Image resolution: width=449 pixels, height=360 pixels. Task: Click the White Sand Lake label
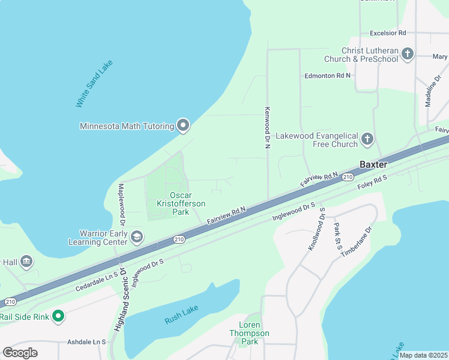click(x=94, y=83)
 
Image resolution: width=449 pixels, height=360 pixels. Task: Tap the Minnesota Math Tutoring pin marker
click(x=184, y=126)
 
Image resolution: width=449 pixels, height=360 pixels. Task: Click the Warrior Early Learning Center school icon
click(x=137, y=237)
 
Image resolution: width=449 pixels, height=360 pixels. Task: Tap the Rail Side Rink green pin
click(x=58, y=316)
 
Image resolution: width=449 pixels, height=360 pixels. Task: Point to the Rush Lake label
click(x=181, y=315)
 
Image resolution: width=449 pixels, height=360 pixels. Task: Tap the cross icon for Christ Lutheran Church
click(x=408, y=55)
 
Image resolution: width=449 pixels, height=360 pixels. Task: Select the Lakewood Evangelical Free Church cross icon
click(x=367, y=140)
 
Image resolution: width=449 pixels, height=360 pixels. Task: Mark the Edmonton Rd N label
click(x=327, y=76)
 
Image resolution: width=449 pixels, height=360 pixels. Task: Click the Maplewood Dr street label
click(x=121, y=203)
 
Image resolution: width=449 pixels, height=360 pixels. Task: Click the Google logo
click(x=20, y=352)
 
